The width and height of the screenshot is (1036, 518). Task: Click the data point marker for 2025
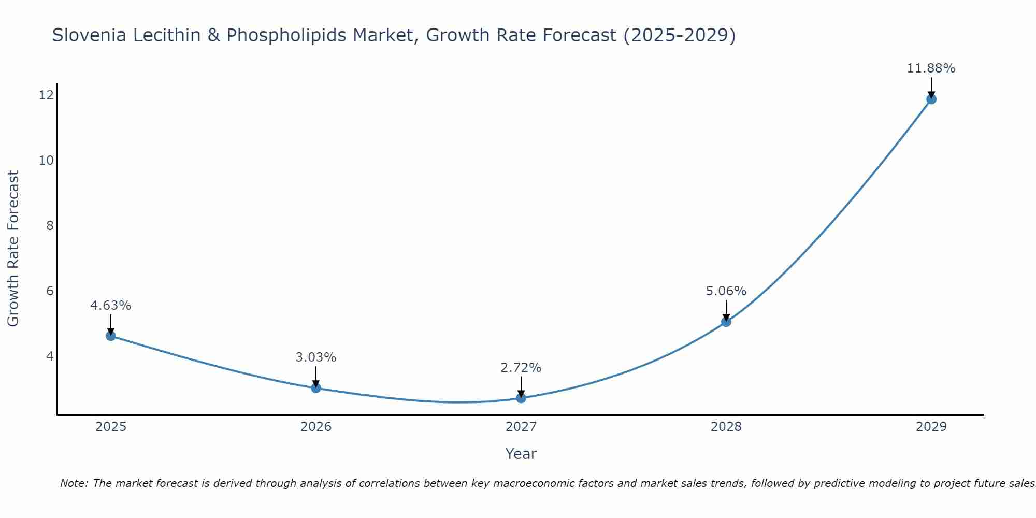coord(111,336)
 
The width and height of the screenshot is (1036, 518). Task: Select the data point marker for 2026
coord(316,387)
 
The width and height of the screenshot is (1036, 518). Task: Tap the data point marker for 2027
coord(521,398)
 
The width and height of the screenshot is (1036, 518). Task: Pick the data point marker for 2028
coord(726,322)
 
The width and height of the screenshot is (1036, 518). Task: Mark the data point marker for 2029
coord(931,99)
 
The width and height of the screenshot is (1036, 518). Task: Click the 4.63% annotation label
coord(111,306)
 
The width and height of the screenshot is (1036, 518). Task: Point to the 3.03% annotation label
coord(316,357)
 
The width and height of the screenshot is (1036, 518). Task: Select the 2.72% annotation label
coord(521,368)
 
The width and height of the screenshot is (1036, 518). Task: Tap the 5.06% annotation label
coord(726,291)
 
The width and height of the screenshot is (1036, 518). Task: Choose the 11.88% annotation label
coord(931,68)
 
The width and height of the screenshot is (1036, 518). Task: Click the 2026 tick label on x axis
coord(316,427)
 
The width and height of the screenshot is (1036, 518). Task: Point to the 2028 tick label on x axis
coord(726,427)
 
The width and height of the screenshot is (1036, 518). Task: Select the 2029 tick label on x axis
coord(931,427)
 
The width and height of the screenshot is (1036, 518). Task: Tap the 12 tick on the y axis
coord(47,95)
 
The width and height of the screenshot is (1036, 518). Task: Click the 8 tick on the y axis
coord(50,225)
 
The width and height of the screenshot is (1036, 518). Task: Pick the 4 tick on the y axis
coord(50,356)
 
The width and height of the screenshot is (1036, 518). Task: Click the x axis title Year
coord(521,454)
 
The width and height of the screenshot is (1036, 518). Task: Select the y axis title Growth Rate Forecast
coord(13,249)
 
